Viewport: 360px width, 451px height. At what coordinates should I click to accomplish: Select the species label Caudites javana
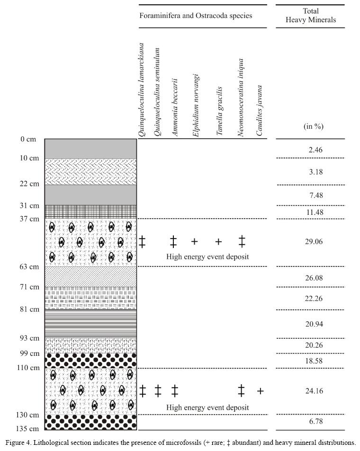[260, 111]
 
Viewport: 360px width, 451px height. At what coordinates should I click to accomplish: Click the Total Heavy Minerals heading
[311, 15]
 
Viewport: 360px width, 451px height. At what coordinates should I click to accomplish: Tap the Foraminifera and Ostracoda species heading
[196, 16]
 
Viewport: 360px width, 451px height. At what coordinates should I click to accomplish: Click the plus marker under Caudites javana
[260, 391]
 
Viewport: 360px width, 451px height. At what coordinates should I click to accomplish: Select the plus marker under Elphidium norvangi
[194, 242]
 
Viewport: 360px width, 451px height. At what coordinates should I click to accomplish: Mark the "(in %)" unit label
[313, 126]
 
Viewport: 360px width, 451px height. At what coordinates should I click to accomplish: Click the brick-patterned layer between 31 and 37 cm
[90, 211]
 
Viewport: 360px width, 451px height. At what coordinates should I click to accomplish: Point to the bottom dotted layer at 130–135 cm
[90, 422]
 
